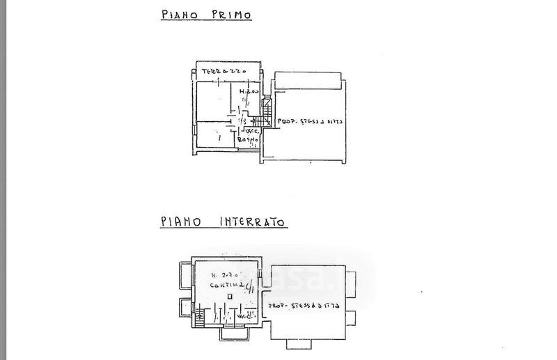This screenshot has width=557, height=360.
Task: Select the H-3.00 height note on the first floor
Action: tap(249, 92)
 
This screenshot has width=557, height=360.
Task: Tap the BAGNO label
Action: tap(248, 140)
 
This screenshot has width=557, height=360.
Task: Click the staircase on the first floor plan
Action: tap(267, 109)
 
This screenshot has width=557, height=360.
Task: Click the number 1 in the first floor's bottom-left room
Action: tap(219, 138)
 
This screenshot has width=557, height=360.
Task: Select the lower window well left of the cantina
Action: tap(185, 309)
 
